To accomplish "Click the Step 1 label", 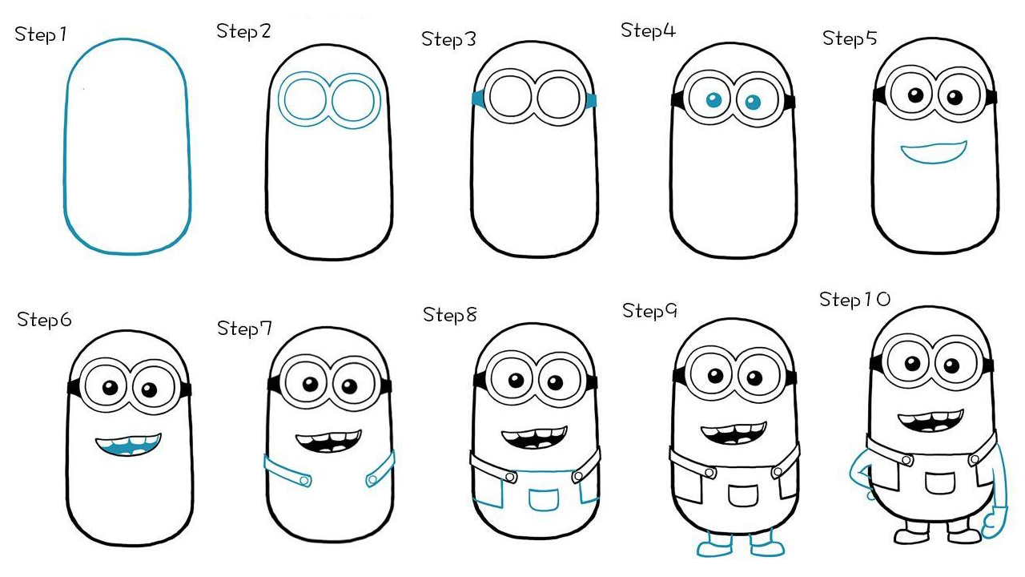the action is pyautogui.click(x=41, y=34).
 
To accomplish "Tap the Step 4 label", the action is pyautogui.click(x=648, y=30).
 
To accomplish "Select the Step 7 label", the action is pyautogui.click(x=244, y=329).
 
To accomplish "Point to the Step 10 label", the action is pyautogui.click(x=854, y=300).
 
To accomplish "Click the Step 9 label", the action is pyautogui.click(x=649, y=312).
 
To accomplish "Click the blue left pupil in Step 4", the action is pyautogui.click(x=713, y=100).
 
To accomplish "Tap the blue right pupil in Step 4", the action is pyautogui.click(x=753, y=102).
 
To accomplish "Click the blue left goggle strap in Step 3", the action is pyautogui.click(x=478, y=99).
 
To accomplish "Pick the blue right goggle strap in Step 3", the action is pyautogui.click(x=591, y=101).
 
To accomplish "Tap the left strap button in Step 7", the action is pyautogui.click(x=304, y=480).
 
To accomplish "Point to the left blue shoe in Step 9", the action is pyautogui.click(x=714, y=547).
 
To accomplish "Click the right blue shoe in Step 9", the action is pyautogui.click(x=766, y=546).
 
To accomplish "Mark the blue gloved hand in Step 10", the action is pyautogui.click(x=993, y=524).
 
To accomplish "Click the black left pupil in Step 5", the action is pyautogui.click(x=915, y=95).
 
